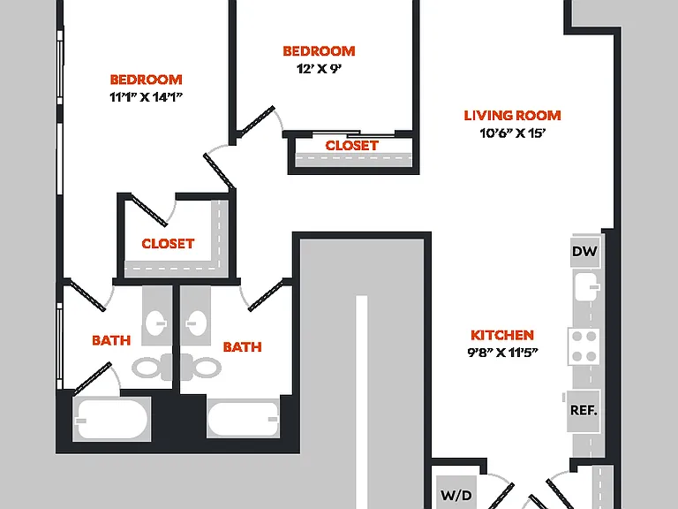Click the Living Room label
coord(512,116)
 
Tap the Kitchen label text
coord(502,335)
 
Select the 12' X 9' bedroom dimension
coord(319,69)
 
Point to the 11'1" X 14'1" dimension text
coord(147,97)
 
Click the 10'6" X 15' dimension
coord(512,133)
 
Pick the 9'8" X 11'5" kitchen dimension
coord(502,353)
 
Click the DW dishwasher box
coord(585,252)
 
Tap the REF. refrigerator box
coord(584,410)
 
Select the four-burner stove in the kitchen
coord(584,346)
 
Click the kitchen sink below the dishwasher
coord(587,286)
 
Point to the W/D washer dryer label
coord(456,495)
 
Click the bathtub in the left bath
coord(111,420)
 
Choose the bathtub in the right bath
coord(243,419)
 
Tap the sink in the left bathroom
coord(156,323)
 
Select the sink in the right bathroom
coord(196,323)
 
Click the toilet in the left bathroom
coord(152,368)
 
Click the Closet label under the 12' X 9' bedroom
coord(352,146)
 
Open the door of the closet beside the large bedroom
coord(149,211)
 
